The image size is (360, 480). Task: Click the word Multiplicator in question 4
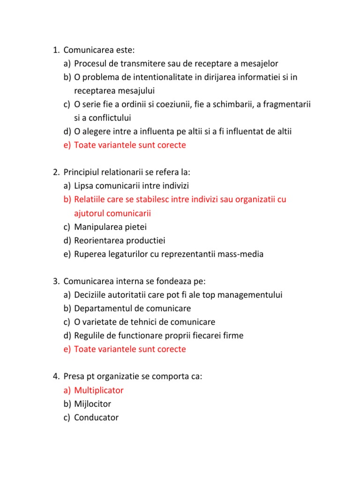(99, 390)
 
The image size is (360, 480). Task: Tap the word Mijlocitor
(93, 404)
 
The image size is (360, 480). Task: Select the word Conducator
(97, 417)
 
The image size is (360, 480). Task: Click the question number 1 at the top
(55, 50)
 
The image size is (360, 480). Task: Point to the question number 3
(55, 281)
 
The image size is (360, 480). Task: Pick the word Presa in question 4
(74, 376)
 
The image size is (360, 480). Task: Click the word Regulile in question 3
(89, 336)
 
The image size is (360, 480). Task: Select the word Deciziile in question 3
(90, 295)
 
